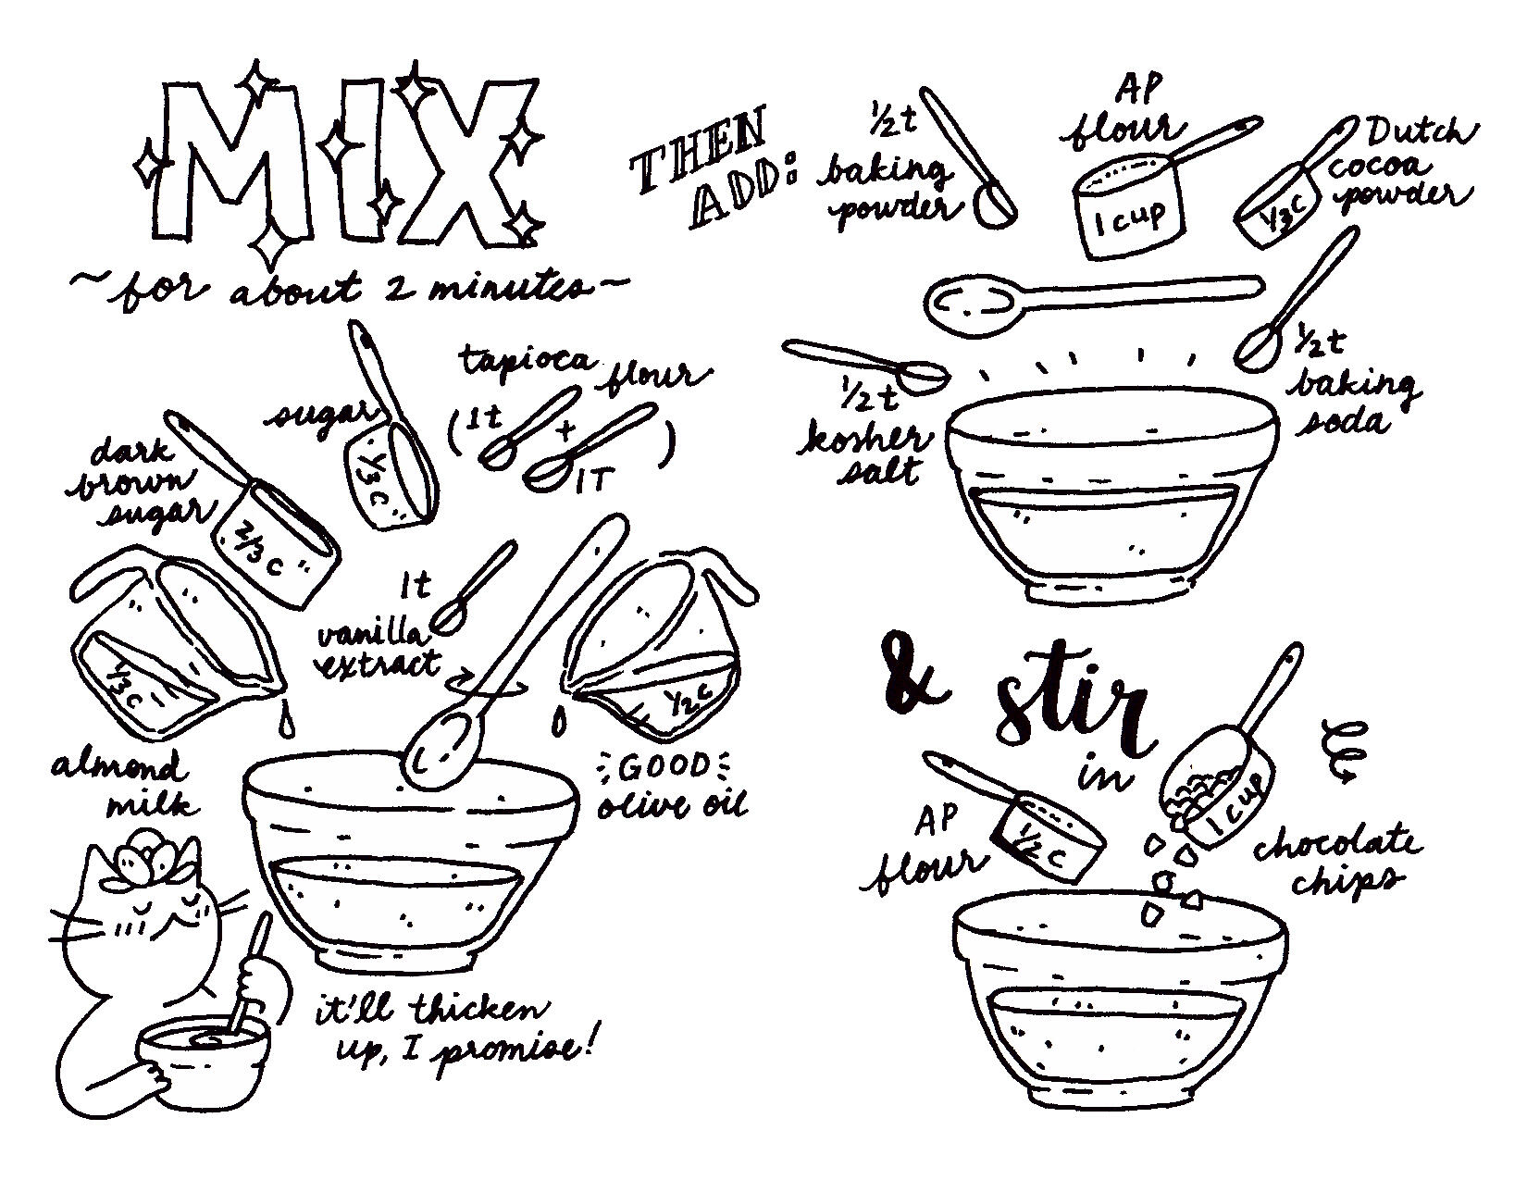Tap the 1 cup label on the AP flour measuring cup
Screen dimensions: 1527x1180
(1130, 217)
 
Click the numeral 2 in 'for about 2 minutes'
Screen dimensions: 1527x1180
(400, 288)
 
